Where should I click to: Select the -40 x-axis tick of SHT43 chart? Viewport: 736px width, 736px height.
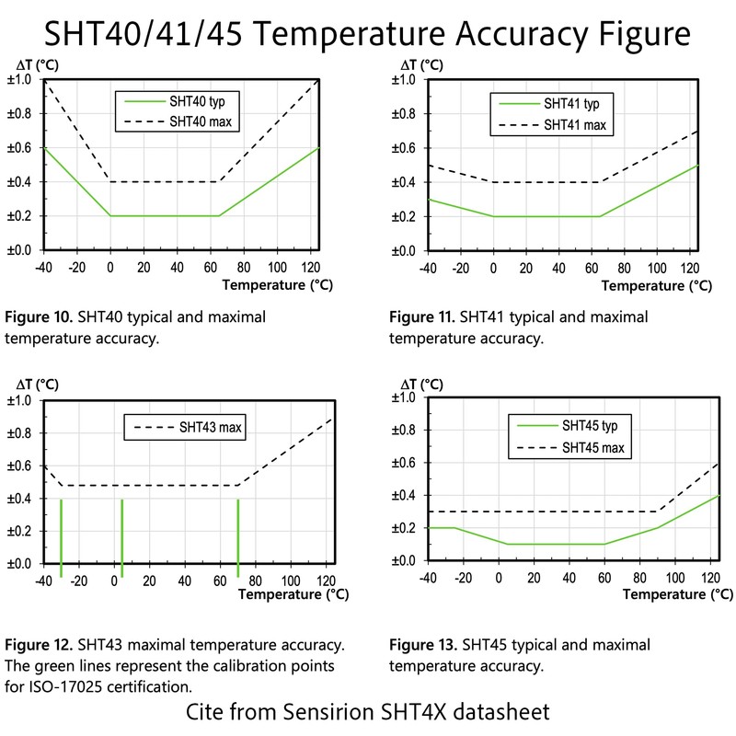click(x=42, y=581)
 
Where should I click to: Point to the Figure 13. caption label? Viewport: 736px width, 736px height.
click(x=422, y=644)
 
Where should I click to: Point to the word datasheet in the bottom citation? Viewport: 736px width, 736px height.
click(x=510, y=713)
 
